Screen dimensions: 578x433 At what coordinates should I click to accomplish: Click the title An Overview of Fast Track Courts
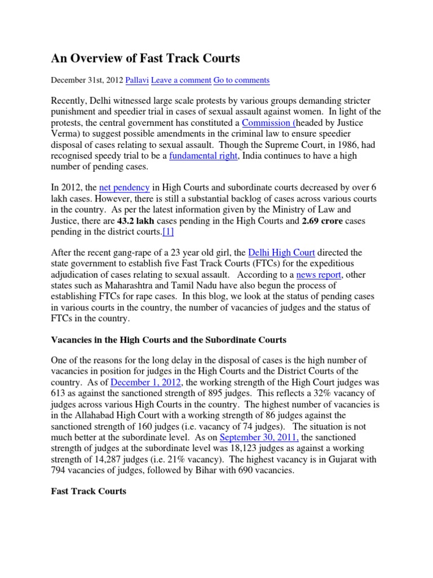[145, 58]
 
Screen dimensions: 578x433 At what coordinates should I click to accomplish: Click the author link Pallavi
[137, 80]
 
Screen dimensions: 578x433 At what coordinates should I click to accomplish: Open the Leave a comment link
[180, 80]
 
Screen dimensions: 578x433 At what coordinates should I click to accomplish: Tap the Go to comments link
[241, 80]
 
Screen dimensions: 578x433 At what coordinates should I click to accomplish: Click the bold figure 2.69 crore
[322, 221]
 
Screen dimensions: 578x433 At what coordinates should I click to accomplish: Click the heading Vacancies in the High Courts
[169, 340]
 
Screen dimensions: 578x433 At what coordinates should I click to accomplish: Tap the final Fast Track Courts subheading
[89, 491]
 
